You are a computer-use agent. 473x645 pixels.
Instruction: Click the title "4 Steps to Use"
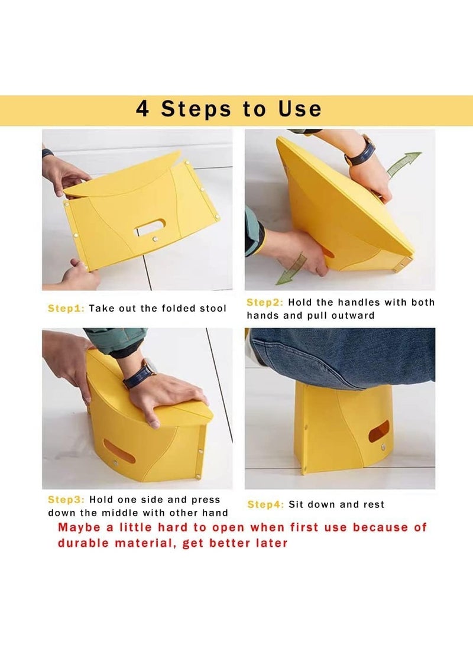(229, 109)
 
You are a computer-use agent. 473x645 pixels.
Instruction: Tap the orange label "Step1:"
(66, 309)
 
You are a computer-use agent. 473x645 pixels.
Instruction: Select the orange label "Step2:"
(265, 302)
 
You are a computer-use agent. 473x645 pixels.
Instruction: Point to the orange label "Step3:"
(66, 500)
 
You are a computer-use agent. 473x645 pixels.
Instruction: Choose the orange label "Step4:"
(265, 505)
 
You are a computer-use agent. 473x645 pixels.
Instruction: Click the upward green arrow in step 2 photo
(404, 164)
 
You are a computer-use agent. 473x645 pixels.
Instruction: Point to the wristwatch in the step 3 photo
(140, 374)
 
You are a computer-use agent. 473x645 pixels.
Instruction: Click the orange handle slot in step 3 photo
(119, 451)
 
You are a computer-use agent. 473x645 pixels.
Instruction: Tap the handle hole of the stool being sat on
(379, 432)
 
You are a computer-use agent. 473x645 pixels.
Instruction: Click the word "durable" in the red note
(83, 543)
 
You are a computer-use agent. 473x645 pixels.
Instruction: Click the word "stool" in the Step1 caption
(213, 309)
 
